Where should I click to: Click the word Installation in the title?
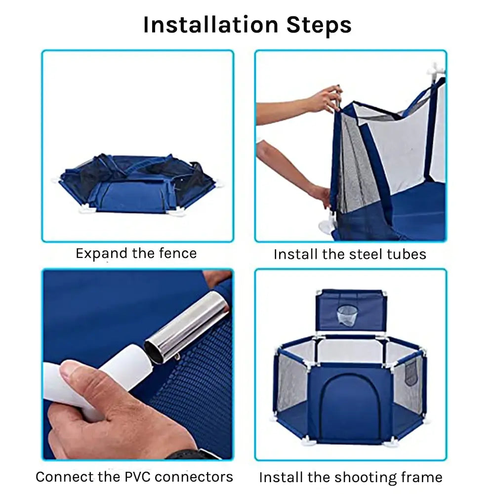point(211,25)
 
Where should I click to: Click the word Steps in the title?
point(319,26)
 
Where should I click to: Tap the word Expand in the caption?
point(101,254)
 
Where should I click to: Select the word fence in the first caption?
point(178,253)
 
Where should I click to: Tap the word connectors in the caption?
point(194,477)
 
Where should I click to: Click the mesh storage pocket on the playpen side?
point(411,372)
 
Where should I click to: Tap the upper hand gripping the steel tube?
point(325,98)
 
